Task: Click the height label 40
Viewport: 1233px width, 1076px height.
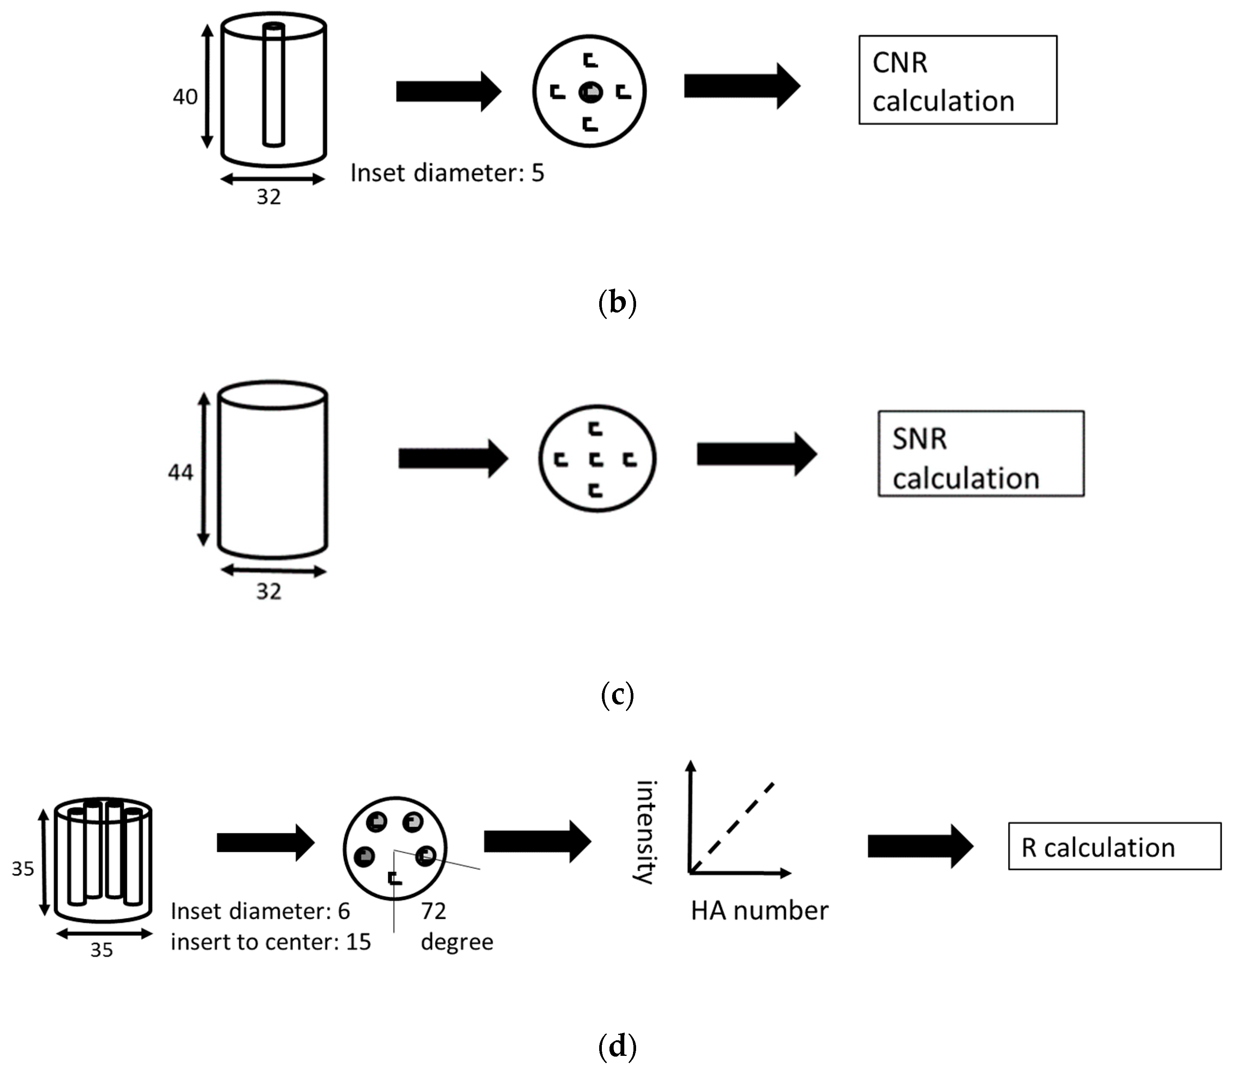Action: tap(185, 97)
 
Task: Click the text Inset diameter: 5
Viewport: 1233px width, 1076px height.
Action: tap(447, 173)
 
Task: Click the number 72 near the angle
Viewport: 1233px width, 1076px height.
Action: tap(433, 911)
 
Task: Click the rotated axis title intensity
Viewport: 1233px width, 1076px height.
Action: tap(646, 832)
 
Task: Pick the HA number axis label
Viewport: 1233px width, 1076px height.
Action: tap(759, 911)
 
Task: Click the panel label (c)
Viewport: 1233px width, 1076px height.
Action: tap(617, 694)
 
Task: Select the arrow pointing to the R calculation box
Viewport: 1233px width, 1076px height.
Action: tap(920, 846)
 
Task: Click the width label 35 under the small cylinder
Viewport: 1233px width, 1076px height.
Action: tap(102, 950)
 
